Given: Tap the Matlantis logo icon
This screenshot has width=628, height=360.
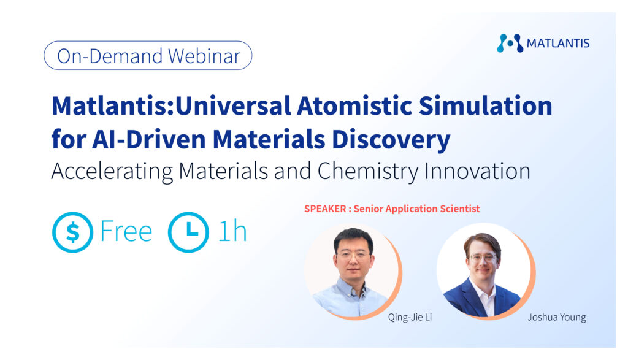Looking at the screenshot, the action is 510,44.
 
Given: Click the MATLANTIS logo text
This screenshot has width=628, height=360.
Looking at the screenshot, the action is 558,44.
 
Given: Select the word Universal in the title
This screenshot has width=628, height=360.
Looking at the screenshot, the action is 234,106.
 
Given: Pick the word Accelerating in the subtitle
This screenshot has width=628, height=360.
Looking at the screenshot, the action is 112,171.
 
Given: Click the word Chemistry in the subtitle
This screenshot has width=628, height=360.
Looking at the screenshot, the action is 368,171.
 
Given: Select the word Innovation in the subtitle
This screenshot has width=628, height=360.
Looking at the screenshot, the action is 477,171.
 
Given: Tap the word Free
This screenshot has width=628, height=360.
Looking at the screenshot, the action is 126,231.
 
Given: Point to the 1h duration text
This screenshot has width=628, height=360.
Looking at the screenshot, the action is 232,231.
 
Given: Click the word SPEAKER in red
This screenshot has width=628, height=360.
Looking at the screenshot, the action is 325,209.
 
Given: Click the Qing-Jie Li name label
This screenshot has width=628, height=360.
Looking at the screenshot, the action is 410,318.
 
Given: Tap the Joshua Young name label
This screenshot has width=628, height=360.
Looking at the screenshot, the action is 557,317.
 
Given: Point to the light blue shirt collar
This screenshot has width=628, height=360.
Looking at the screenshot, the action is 349,287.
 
